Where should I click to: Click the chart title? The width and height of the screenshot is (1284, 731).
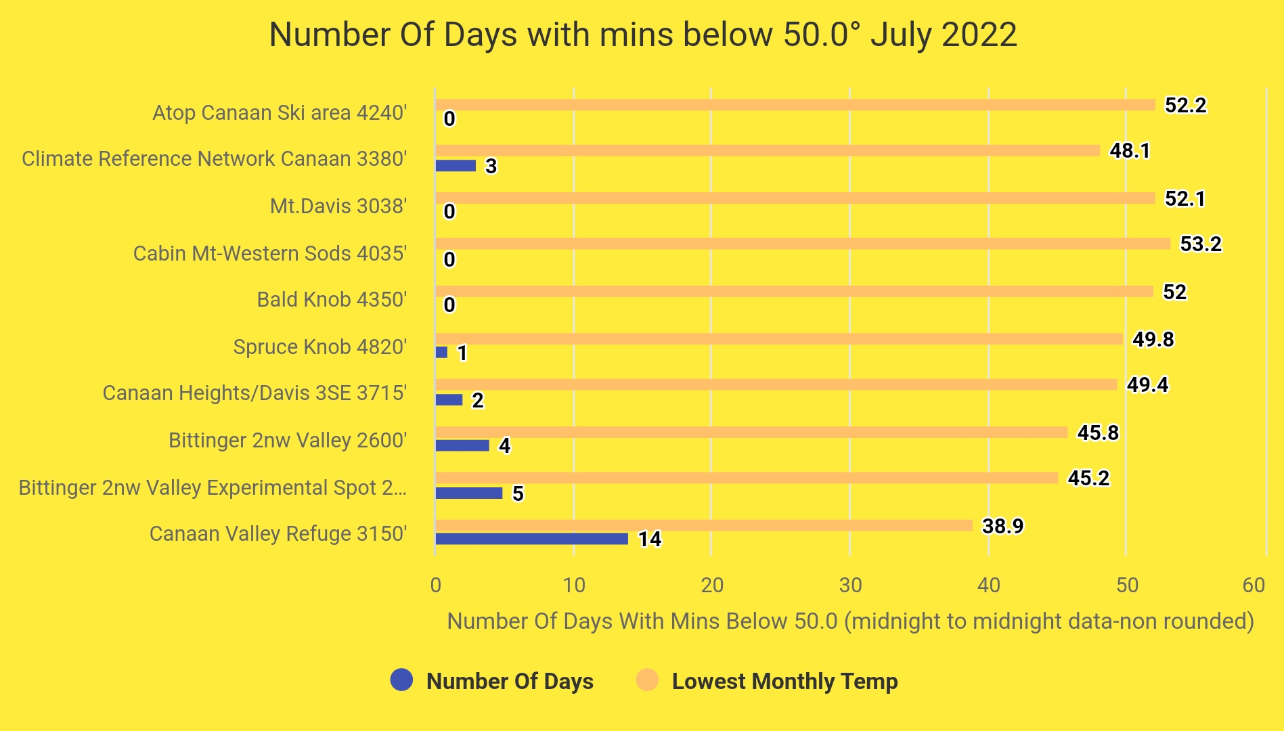point(642,35)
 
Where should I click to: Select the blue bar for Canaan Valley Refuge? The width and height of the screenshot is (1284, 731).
point(531,539)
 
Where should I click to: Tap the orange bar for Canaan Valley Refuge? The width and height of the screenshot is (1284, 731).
point(703,525)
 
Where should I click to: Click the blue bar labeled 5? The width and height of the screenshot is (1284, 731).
point(468,493)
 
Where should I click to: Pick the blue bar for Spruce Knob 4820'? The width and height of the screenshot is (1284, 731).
point(441,353)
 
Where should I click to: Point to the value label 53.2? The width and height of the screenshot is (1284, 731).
point(1200,244)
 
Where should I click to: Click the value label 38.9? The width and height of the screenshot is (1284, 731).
point(1002,526)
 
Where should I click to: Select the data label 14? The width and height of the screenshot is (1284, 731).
point(649,539)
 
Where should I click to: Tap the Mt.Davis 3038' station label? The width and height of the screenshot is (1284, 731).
point(338,206)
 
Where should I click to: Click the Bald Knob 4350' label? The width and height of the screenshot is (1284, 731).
point(332,299)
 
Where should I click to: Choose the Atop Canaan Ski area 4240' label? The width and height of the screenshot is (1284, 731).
point(279,112)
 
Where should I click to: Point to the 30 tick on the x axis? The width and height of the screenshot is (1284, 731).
point(850,585)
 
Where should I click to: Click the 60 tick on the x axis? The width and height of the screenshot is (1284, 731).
point(1254,585)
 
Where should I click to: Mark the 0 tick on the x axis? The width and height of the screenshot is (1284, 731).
point(435,585)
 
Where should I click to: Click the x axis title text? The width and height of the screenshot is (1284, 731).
point(850,621)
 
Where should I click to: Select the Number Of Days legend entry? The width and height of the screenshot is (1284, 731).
point(509,681)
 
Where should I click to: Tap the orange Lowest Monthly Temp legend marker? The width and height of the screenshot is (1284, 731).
point(648,680)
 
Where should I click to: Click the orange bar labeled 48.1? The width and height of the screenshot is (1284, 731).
point(767,150)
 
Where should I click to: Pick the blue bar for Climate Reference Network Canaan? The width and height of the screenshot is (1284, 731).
point(456,165)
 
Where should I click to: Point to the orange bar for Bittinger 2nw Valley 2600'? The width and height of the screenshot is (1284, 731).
point(751,432)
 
